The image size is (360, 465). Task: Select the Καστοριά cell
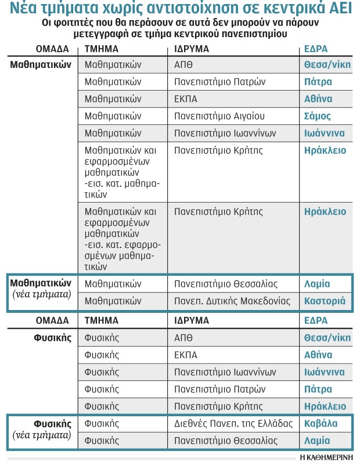tap(325, 301)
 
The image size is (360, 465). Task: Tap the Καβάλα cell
tap(321, 424)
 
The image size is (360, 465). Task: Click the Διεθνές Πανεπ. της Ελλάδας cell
tap(233, 424)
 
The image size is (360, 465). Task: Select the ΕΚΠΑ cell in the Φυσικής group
tap(186, 355)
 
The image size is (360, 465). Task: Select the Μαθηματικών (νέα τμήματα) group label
tap(41, 289)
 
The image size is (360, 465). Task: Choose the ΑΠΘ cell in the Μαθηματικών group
tap(183, 64)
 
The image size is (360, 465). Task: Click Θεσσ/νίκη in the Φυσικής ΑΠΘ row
tap(327, 337)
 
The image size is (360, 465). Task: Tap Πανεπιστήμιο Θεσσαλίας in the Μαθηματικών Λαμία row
tap(226, 284)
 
